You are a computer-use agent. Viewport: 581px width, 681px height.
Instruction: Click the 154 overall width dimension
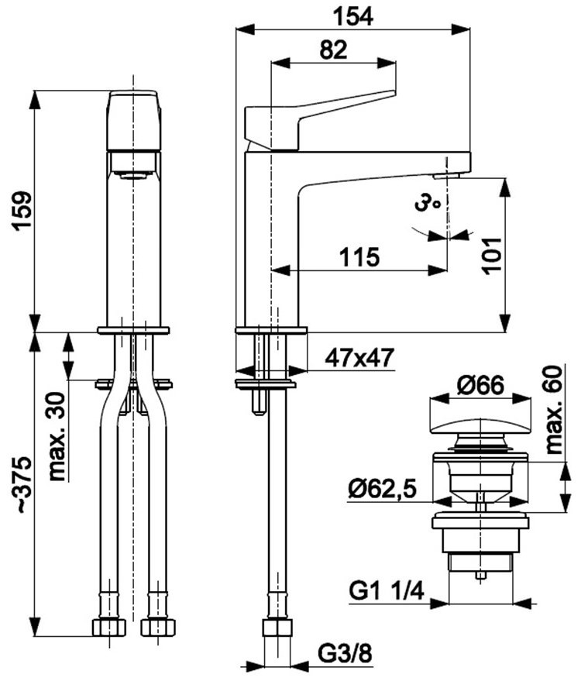(352, 17)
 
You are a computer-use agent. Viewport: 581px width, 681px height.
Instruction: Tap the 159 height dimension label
(22, 211)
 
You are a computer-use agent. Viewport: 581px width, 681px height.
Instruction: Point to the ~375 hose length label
(22, 484)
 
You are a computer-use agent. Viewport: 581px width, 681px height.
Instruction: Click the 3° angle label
(426, 203)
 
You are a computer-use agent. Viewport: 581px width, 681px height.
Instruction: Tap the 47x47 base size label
(359, 358)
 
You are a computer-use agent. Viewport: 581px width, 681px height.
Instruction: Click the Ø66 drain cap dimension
(480, 385)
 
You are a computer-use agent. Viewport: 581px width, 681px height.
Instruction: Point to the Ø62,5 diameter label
(383, 490)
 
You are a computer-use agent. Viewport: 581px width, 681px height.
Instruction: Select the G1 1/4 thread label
(387, 591)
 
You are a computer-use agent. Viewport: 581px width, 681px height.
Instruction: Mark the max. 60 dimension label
(553, 410)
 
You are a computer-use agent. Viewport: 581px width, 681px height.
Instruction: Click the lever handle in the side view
(320, 119)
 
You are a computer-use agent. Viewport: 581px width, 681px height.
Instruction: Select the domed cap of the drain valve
(480, 426)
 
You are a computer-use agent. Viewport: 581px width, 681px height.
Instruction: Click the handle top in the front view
(134, 120)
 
